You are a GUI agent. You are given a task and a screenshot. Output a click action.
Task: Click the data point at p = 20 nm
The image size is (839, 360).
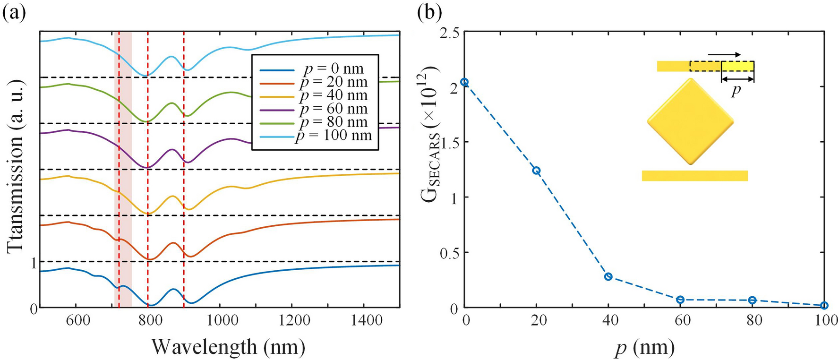[536, 171]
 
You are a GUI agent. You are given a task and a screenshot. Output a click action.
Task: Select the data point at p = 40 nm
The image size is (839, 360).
[608, 276]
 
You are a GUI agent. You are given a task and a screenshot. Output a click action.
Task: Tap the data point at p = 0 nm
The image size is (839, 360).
[464, 82]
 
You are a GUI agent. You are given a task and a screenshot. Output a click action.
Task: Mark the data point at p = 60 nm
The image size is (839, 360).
[680, 300]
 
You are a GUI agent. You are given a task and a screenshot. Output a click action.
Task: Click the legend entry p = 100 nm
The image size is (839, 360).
[334, 136]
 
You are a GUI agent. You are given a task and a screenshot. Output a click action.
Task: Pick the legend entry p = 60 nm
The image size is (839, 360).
[334, 109]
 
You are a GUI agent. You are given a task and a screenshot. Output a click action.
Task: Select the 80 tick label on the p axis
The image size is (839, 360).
[753, 321]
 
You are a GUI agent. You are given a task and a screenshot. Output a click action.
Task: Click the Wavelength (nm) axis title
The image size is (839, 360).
[228, 347]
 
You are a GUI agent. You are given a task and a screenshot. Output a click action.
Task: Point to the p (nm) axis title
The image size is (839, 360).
[644, 347]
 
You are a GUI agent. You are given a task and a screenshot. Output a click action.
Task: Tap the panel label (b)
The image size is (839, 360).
[429, 13]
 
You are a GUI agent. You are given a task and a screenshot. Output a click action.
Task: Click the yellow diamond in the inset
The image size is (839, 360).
[690, 122]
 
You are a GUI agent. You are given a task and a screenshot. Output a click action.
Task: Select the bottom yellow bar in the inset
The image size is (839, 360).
[694, 176]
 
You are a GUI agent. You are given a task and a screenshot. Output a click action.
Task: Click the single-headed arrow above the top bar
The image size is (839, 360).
[724, 55]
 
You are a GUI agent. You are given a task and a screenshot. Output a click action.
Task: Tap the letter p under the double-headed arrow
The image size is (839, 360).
[735, 90]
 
